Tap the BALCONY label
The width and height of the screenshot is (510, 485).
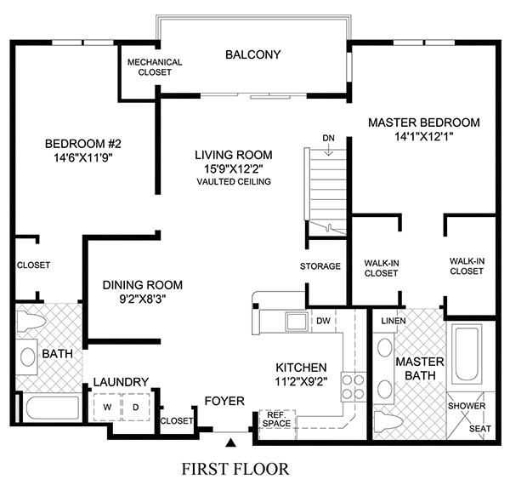point(252,55)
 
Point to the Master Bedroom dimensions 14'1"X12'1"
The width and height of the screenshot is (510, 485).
point(423,137)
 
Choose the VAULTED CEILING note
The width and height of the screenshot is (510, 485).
point(233,182)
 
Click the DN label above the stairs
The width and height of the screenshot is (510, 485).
point(328,138)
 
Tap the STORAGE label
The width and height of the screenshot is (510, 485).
point(320,266)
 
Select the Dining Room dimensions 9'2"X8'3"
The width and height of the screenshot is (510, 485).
point(142,300)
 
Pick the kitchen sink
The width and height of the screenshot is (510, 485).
point(297,322)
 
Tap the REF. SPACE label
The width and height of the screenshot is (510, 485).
point(276,419)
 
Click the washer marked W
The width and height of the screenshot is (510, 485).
point(108,406)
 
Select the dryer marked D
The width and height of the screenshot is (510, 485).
point(134,406)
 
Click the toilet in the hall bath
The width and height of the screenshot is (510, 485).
point(31,324)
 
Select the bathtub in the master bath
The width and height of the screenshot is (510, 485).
point(468,357)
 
